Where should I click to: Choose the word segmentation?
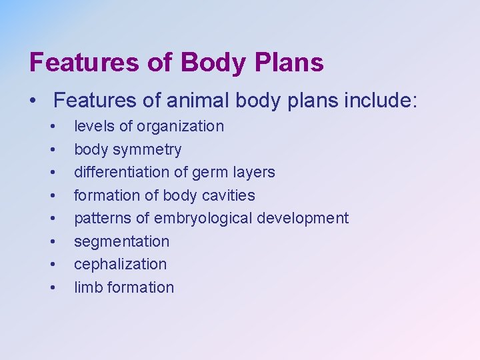tap(121, 241)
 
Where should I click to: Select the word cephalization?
tap(120, 264)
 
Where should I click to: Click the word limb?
tap(87, 287)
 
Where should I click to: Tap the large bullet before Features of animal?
tap(32, 101)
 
